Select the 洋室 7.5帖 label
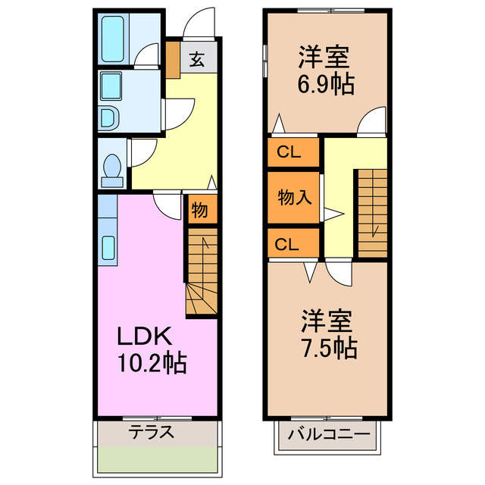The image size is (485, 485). coord(327,333)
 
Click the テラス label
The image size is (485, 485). coord(152,433)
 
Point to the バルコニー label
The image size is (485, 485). coord(329,436)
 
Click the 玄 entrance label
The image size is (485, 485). coord(196,59)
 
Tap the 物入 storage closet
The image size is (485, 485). coord(294,199)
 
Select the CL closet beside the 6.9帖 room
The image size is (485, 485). coord(289,152)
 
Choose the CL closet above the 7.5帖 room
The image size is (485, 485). coord(289,244)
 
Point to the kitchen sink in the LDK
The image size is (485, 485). coord(107,246)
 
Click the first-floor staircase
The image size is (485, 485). coord(202,277)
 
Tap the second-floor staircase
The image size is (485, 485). coord(372,212)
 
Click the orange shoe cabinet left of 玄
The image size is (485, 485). coord(173,59)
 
